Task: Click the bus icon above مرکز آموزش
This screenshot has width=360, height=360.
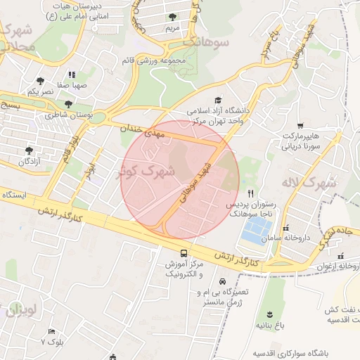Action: click(184, 253)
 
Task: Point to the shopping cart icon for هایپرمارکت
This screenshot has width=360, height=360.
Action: click(300, 125)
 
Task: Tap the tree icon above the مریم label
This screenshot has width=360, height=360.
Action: click(173, 17)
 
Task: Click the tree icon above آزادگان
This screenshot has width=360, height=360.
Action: click(29, 150)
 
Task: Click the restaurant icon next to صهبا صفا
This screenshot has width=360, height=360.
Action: click(71, 75)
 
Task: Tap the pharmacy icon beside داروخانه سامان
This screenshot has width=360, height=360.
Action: click(285, 229)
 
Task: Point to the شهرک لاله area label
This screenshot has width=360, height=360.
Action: click(310, 182)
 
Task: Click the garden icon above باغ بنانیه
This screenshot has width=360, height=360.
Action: click(268, 314)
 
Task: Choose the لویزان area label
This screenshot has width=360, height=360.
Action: click(22, 310)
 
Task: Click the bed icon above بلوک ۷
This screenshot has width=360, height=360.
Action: click(51, 331)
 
